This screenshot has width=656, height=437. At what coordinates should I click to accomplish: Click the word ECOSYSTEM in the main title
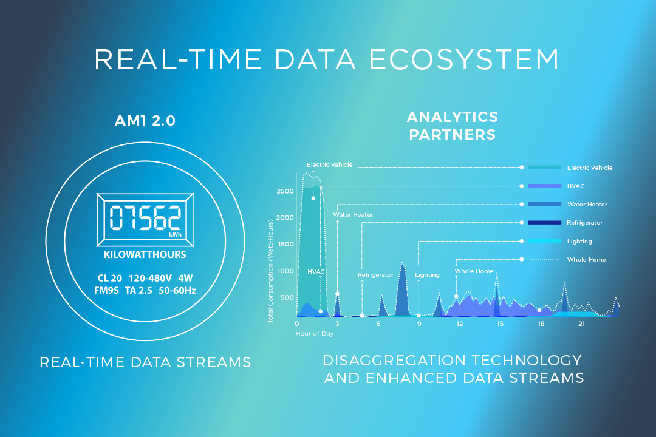[x=464, y=59]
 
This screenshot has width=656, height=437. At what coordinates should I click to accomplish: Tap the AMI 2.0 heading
[x=145, y=120]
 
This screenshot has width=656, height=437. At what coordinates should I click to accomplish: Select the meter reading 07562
[x=145, y=217]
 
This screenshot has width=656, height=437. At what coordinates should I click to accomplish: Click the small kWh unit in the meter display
[x=176, y=235]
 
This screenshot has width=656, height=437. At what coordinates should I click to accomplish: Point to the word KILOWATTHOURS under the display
[x=145, y=255]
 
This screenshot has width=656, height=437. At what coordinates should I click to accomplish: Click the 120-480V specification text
[x=150, y=278]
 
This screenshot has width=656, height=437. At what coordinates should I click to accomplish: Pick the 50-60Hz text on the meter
[x=177, y=290]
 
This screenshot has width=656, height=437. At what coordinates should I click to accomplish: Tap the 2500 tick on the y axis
[x=285, y=191]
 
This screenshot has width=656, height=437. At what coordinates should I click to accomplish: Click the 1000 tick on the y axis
[x=285, y=271]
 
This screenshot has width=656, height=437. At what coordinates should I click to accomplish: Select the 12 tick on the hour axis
[x=459, y=324]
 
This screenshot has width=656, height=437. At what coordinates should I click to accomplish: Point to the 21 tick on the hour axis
[x=581, y=324]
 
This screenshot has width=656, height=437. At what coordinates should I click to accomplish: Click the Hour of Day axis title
[x=314, y=334]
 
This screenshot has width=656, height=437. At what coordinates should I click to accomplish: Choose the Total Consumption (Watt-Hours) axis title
[x=270, y=271]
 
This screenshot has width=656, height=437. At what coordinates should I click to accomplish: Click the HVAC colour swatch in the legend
[x=544, y=186]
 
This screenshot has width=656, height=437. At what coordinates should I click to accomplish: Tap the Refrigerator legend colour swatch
[x=544, y=223]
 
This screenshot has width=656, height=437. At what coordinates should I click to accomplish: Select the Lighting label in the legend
[x=579, y=242]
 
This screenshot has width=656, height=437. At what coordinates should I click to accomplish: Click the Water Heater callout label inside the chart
[x=353, y=214]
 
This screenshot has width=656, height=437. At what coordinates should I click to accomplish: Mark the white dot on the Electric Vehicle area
[x=313, y=198]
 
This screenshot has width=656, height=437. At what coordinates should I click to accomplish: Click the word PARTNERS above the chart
[x=453, y=135]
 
